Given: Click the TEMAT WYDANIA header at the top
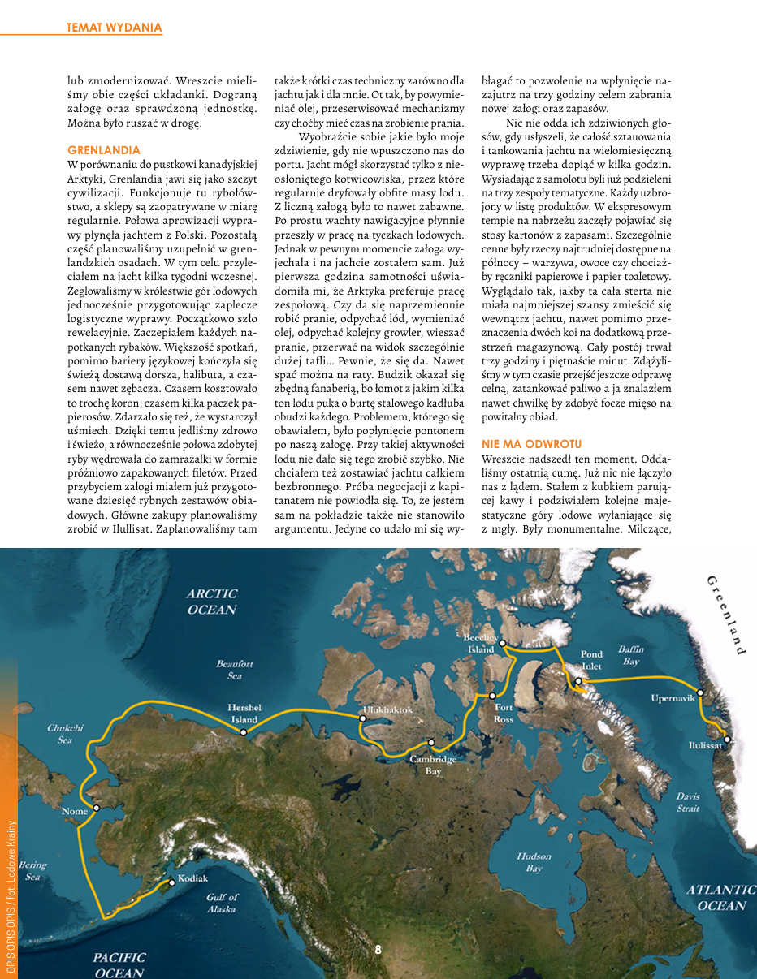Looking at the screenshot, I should pos(115,28).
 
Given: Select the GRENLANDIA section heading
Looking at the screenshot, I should pos(104,150).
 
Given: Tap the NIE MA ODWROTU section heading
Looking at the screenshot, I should pos(531,444).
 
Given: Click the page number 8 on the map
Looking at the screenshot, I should pos(378,949).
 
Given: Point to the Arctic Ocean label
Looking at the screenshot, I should pos(212,602).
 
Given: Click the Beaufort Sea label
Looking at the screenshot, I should pos(235,669).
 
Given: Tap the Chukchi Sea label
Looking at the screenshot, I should pos(65,734).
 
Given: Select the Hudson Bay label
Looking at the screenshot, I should pos(534,862).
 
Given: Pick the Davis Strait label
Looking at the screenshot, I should pos(688,802).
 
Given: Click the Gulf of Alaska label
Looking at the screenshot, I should pos(222,903).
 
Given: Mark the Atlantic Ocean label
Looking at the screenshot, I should pos(721,897).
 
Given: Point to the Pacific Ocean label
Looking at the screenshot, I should pos(119,965).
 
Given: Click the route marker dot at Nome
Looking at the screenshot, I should pos(97,808).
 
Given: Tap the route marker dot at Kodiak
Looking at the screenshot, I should pos(171,882).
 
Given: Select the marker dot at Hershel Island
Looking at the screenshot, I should pos(243,732).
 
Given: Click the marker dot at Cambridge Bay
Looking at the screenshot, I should pos(431,743).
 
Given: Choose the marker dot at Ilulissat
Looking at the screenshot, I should pos(728,740).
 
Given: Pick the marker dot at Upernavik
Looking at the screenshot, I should pos(700,692).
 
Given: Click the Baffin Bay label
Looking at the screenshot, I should pos(631,655).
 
